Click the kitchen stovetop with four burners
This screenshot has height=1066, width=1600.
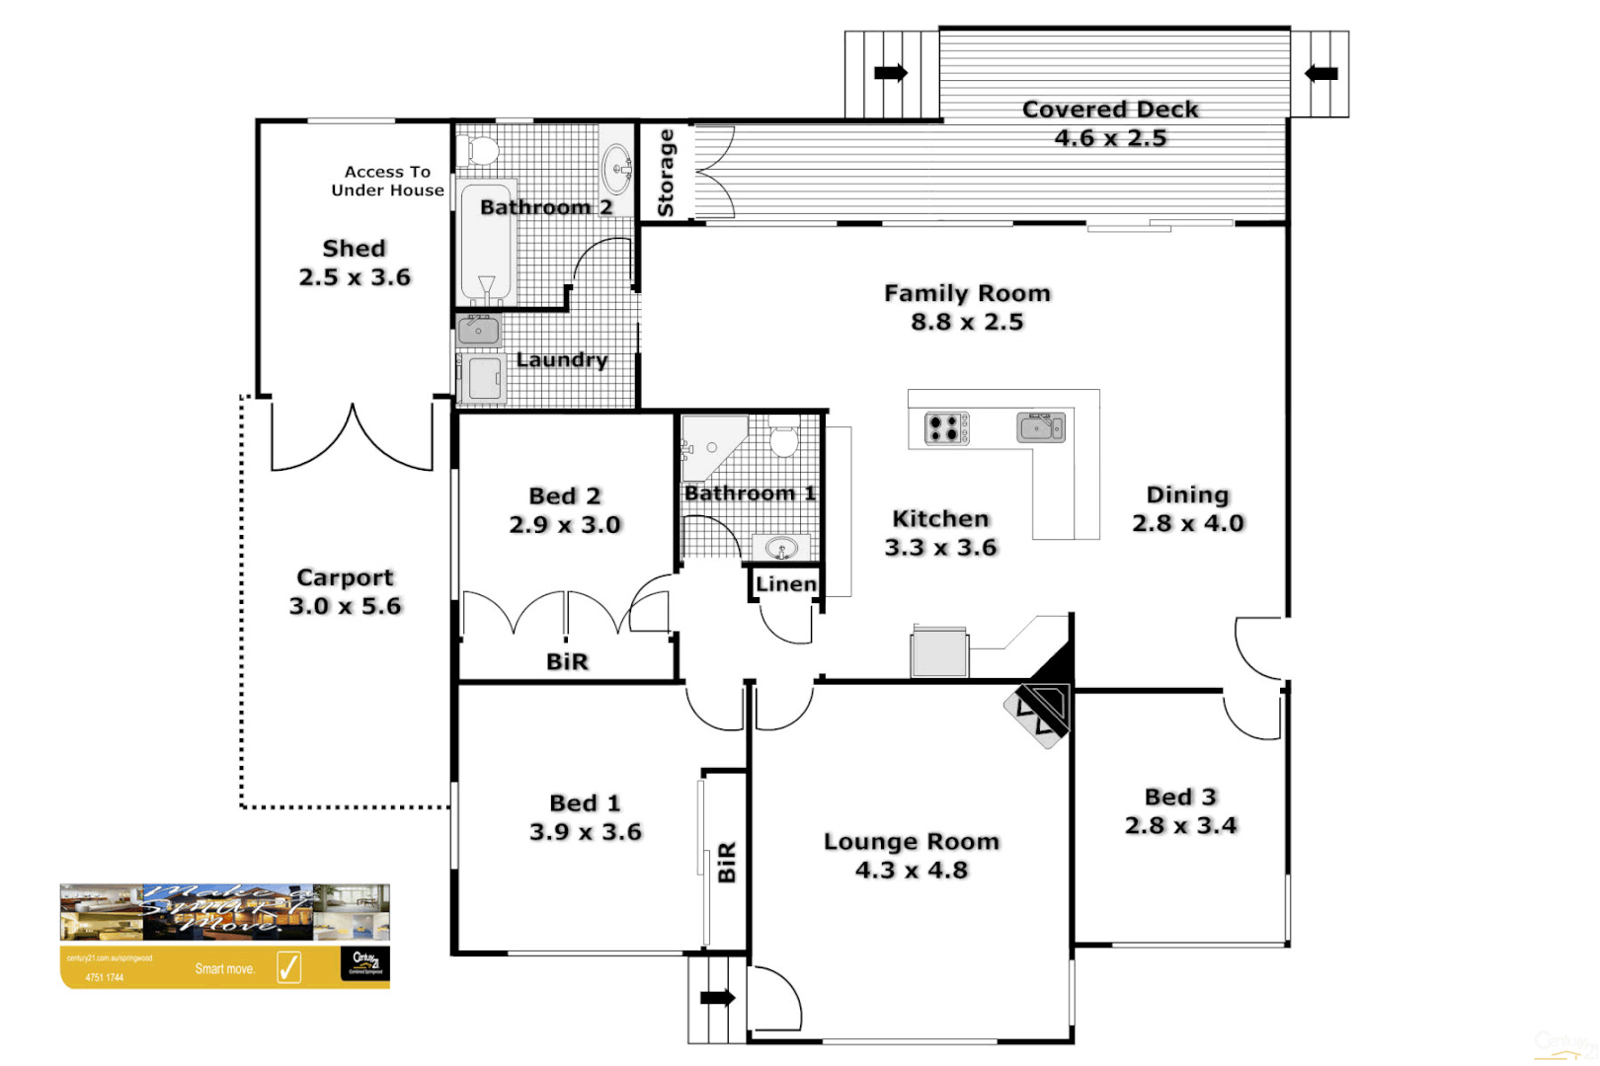tap(946, 428)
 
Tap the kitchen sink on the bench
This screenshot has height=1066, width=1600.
tap(1041, 427)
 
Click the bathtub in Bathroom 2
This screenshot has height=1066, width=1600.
tap(486, 243)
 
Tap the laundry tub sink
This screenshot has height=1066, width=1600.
tap(479, 331)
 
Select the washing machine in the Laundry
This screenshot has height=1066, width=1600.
tap(484, 379)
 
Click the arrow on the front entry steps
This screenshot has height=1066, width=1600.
tap(717, 998)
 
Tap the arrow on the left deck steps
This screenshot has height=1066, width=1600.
tap(890, 73)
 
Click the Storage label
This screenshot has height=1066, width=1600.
tap(666, 173)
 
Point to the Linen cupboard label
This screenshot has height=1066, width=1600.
tap(786, 584)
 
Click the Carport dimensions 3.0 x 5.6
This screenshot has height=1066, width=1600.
tap(346, 606)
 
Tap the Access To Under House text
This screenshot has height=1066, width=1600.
tap(387, 181)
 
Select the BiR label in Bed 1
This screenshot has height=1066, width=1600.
tap(727, 862)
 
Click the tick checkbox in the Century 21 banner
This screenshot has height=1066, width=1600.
tap(288, 967)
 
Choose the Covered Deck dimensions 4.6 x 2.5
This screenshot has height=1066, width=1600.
tap(1110, 138)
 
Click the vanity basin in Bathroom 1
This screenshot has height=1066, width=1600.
tap(781, 548)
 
